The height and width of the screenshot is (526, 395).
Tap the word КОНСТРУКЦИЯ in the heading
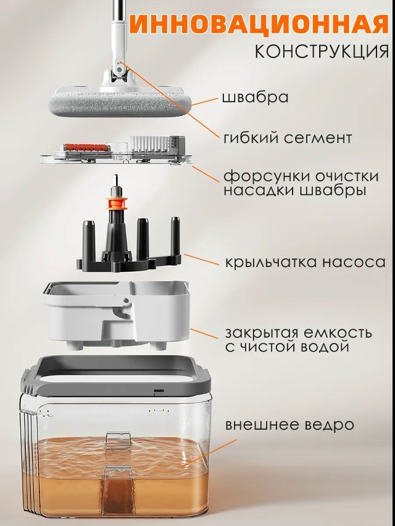[322, 51]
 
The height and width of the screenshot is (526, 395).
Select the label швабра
[256, 97]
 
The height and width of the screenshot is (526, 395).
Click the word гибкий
[249, 138]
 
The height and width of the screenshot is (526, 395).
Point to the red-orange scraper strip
[86, 147]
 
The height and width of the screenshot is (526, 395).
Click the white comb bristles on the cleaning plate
[150, 144]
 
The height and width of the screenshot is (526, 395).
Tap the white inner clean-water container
[117, 315]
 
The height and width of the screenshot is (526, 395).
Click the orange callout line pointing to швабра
[204, 102]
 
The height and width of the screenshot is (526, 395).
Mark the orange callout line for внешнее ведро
[210, 453]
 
